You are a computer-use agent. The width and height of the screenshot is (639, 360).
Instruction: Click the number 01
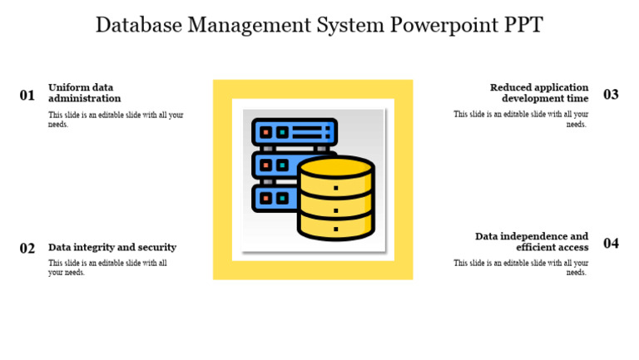(27, 96)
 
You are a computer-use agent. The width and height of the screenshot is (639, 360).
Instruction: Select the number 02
(27, 249)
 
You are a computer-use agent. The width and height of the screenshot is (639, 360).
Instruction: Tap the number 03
(611, 95)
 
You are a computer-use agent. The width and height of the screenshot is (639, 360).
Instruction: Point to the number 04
(611, 244)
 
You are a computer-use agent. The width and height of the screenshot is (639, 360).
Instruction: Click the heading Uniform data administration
(84, 92)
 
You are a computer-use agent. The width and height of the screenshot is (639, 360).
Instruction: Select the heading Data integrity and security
(112, 247)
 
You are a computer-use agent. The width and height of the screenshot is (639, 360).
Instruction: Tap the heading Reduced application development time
(538, 92)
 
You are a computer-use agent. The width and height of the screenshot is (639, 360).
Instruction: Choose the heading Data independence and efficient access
(532, 241)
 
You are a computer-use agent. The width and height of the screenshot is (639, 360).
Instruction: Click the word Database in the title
(138, 25)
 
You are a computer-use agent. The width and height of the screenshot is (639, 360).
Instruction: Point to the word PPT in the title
(523, 25)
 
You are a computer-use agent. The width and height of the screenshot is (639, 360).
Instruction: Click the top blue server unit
(295, 132)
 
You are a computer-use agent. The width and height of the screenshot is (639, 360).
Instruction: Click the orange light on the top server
(265, 132)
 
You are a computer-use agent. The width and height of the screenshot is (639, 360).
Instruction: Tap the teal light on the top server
(283, 132)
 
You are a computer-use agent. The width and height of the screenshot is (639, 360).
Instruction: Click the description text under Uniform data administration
(116, 120)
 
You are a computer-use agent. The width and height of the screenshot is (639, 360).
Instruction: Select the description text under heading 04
(521, 268)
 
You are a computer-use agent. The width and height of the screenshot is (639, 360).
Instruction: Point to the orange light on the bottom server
(265, 198)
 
